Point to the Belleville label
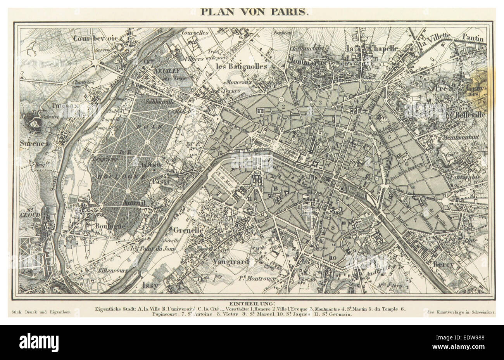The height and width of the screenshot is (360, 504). pos(471,115)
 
